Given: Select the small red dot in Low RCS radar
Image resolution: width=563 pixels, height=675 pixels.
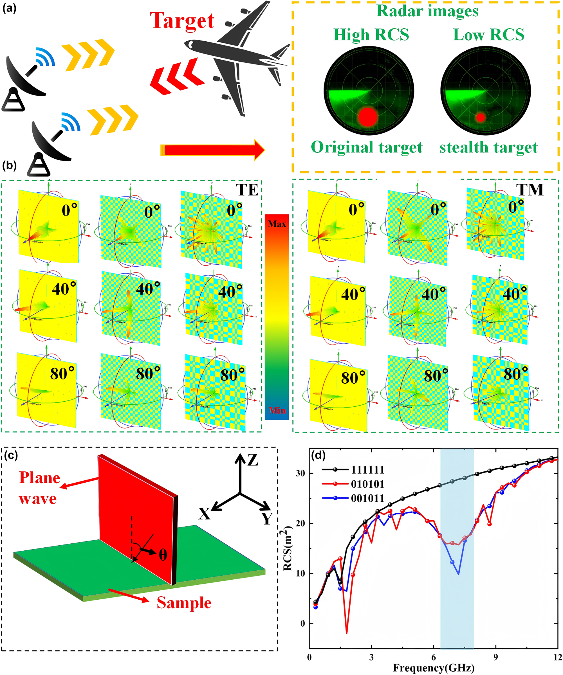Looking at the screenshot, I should [x=480, y=117].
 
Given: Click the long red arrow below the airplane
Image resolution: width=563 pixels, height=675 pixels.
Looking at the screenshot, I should [x=212, y=150].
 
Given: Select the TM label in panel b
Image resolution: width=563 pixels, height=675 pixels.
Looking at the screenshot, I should [x=530, y=190].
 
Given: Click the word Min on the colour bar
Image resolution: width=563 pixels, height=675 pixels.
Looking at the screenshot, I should [x=277, y=410].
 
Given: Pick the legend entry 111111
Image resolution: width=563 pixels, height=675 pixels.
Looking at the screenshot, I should [x=367, y=470].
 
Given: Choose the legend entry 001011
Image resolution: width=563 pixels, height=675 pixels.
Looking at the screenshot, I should [x=367, y=498].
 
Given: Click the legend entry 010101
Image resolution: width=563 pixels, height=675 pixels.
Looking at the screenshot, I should [x=367, y=484].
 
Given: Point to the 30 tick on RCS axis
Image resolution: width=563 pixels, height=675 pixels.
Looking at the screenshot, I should [x=300, y=473].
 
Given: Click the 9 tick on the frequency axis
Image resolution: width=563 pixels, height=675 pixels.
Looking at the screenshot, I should [x=495, y=657].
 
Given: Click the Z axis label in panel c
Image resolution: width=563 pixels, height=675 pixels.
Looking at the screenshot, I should [x=253, y=460].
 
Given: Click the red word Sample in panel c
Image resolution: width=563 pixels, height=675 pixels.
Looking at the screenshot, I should [x=184, y=603].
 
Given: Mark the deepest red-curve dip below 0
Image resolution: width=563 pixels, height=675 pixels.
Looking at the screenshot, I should [x=347, y=633].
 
